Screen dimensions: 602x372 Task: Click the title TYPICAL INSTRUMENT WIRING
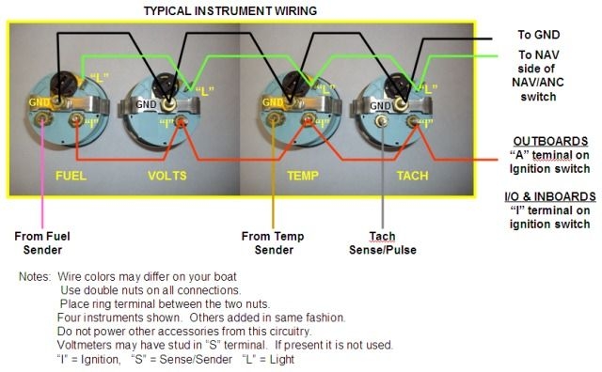[230, 10]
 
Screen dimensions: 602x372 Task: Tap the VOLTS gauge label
[167, 176]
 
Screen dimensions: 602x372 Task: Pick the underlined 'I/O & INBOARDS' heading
[548, 196]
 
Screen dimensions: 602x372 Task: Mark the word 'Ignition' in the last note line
[108, 359]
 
